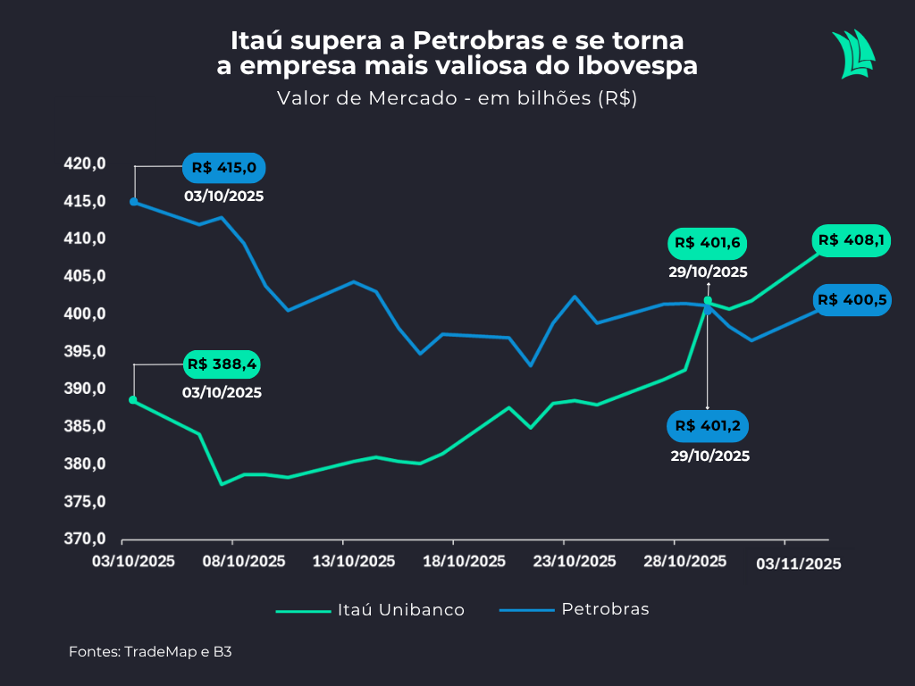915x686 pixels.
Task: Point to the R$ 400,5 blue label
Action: point(852,300)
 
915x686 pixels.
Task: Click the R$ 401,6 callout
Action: point(709,243)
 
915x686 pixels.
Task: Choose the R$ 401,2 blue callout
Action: point(708,426)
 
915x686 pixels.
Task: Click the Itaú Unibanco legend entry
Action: point(371,610)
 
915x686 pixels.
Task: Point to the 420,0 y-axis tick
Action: point(85,163)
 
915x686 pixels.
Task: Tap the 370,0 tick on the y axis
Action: point(85,540)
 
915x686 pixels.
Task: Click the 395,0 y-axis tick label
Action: point(85,352)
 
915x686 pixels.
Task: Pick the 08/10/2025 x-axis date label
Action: point(245,562)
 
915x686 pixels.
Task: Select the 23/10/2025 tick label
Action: point(575,562)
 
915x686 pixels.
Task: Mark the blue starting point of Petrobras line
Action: point(134,202)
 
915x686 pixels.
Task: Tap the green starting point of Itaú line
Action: point(133,400)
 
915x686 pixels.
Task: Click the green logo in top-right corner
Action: point(852,54)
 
